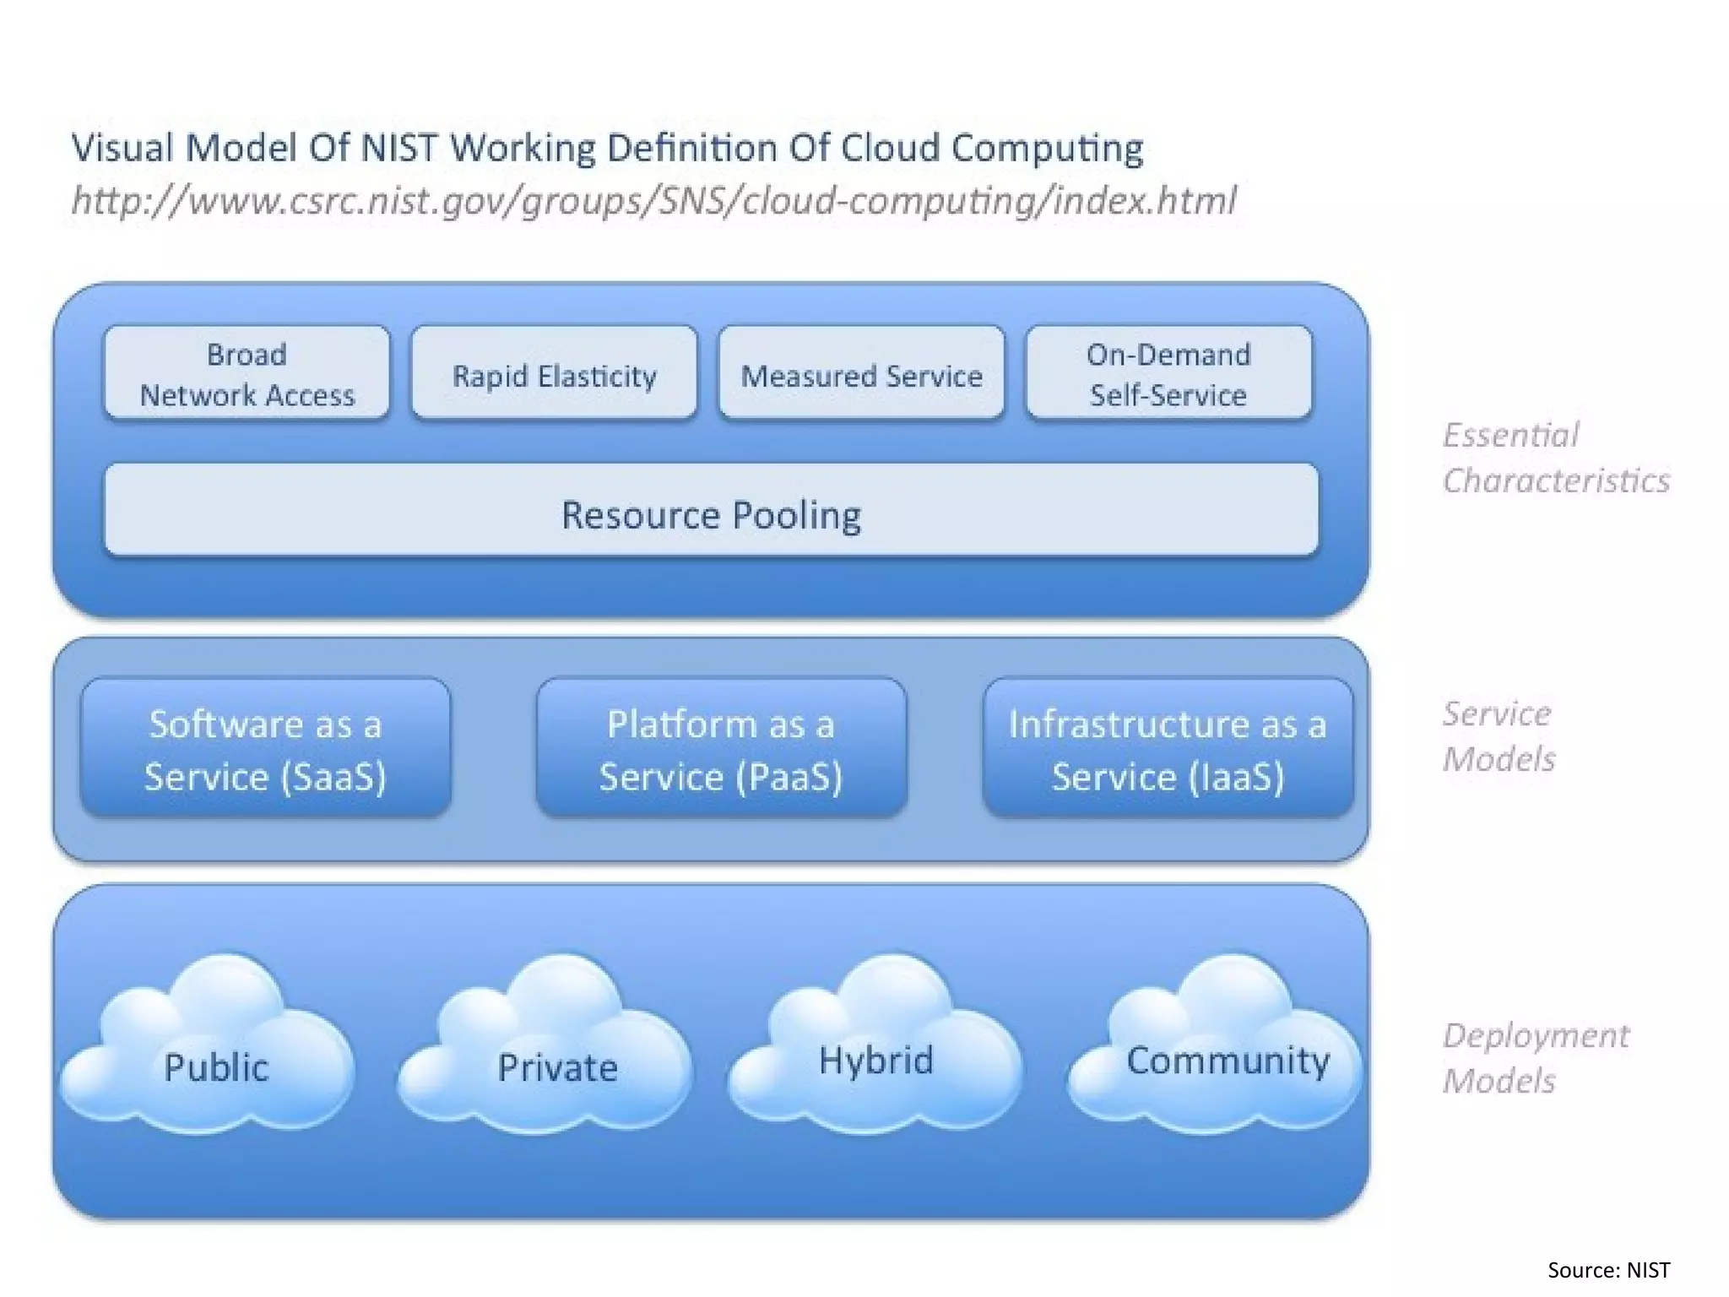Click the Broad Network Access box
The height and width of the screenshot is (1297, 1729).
(247, 373)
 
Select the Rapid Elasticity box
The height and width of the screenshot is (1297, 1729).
(554, 374)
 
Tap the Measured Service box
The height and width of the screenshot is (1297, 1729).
(861, 374)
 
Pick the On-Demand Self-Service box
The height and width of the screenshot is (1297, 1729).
(1168, 373)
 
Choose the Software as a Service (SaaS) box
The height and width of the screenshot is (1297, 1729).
(265, 748)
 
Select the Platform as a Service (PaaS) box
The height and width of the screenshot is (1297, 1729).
(721, 748)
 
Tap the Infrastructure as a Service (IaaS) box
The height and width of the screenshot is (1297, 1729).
(1168, 748)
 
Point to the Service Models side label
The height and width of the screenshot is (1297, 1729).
(1498, 735)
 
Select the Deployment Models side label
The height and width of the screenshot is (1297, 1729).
(1535, 1057)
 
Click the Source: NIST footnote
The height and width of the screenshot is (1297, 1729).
(1607, 1270)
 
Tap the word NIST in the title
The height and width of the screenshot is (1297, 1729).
(398, 148)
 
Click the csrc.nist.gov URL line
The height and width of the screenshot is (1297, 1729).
(653, 201)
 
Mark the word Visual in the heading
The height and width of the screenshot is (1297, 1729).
(122, 148)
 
